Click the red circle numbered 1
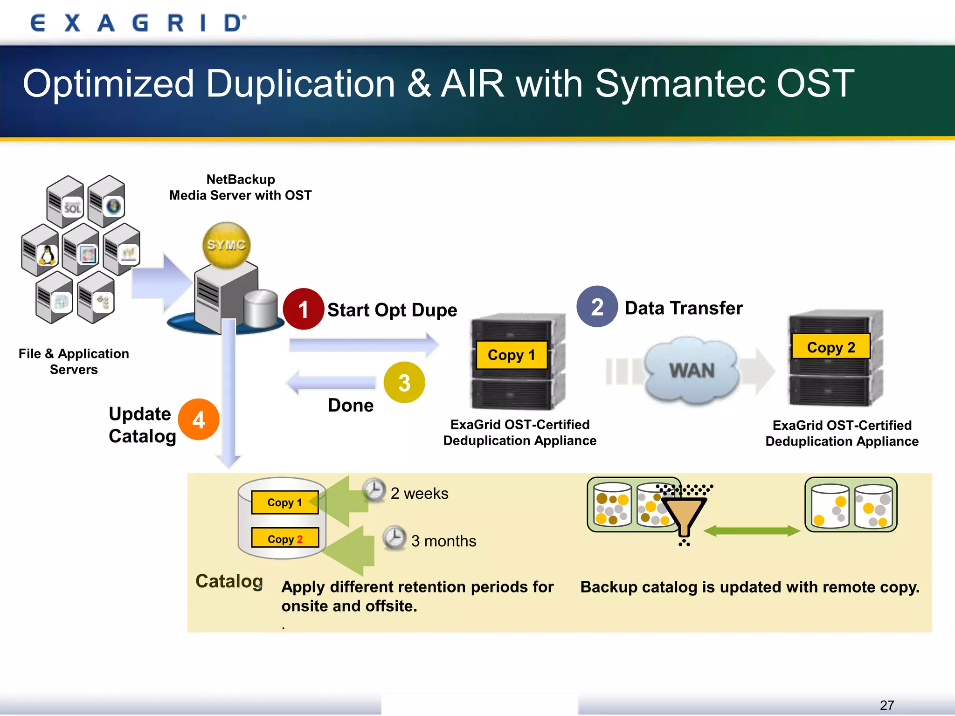tap(304, 309)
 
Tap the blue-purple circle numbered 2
tap(597, 307)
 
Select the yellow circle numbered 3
tap(404, 383)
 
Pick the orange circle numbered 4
tap(199, 420)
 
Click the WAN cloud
tap(692, 371)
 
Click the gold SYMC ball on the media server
tap(227, 245)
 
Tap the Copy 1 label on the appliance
tap(511, 355)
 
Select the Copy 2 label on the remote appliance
tap(830, 347)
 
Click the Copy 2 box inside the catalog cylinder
tap(285, 538)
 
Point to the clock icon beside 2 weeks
tap(374, 490)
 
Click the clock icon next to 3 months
tap(394, 537)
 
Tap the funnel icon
tap(684, 515)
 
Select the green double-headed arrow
tap(751, 531)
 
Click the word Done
tap(351, 406)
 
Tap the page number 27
tap(886, 705)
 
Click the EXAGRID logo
tap(138, 23)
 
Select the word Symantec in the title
tap(680, 84)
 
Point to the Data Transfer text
tap(683, 308)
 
